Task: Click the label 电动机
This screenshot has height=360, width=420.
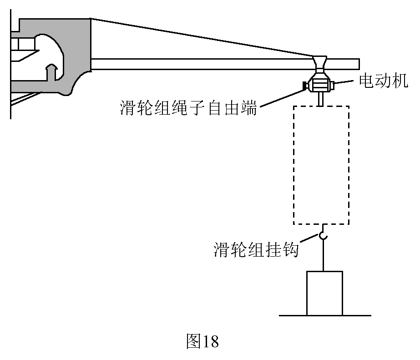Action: pyautogui.click(x=383, y=81)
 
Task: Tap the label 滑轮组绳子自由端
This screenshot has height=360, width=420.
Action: pyautogui.click(x=188, y=108)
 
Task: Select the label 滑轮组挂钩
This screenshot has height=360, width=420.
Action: pyautogui.click(x=256, y=249)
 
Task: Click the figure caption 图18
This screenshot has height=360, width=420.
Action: pyautogui.click(x=202, y=341)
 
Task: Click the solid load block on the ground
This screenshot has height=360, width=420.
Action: pyautogui.click(x=324, y=293)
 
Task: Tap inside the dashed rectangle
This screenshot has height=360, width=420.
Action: pyautogui.click(x=321, y=165)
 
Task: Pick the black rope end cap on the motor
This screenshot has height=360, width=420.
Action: pyautogui.click(x=305, y=86)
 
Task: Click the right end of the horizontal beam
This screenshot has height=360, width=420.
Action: pyautogui.click(x=359, y=64)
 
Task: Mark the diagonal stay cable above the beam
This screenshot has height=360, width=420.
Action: pyautogui.click(x=202, y=37)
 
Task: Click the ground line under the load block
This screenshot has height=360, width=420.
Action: pyautogui.click(x=325, y=315)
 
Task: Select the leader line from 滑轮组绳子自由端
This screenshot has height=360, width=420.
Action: pyautogui.click(x=282, y=99)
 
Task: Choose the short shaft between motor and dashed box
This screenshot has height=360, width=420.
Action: pyautogui.click(x=320, y=99)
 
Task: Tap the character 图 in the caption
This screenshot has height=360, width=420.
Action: pyautogui.click(x=193, y=341)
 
